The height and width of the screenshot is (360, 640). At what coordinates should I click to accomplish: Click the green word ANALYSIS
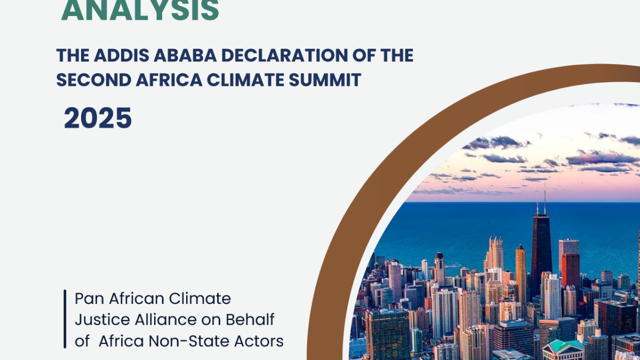pyautogui.click(x=140, y=10)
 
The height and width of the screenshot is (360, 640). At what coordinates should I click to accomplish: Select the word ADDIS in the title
pyautogui.click(x=122, y=55)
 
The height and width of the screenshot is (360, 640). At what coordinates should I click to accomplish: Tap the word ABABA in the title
pyautogui.click(x=185, y=55)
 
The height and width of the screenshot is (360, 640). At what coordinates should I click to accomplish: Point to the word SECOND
pyautogui.click(x=94, y=79)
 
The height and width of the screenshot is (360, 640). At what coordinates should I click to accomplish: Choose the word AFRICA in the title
pyautogui.click(x=169, y=79)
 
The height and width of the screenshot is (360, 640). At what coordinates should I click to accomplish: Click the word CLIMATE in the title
pyautogui.click(x=245, y=79)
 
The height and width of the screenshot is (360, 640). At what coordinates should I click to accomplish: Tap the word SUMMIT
pyautogui.click(x=325, y=79)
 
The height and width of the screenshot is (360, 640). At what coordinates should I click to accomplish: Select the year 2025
pyautogui.click(x=98, y=118)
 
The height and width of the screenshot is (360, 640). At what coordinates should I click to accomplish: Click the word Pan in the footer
pyautogui.click(x=89, y=299)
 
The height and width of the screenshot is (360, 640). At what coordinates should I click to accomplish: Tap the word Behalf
pyautogui.click(x=250, y=319)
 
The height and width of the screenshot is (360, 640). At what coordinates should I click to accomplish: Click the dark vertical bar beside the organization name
pyautogui.click(x=65, y=319)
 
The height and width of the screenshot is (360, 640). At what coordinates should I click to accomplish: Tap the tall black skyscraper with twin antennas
pyautogui.click(x=541, y=257)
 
